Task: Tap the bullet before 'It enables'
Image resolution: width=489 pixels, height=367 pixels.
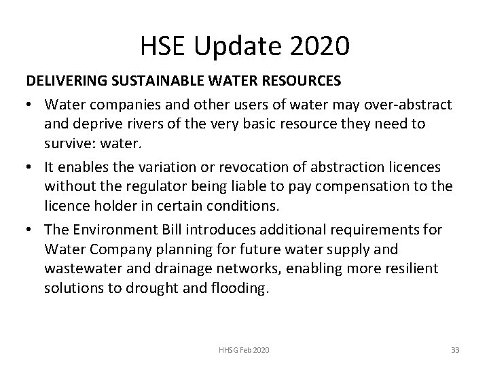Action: coord(31,167)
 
